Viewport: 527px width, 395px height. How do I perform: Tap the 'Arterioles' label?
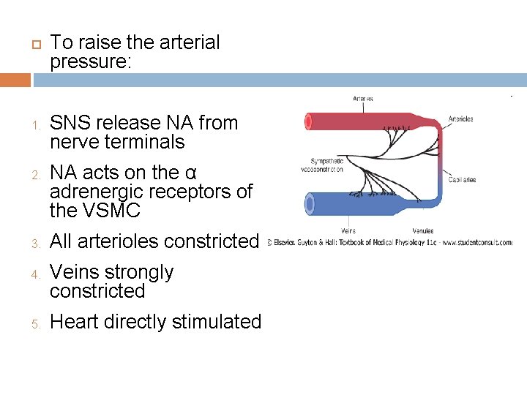coord(461,119)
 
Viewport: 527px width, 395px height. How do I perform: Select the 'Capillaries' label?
coord(462,179)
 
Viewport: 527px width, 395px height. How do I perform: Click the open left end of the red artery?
coord(309,121)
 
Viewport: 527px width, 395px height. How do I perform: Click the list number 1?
coord(34,124)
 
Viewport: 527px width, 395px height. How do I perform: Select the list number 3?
coord(34,243)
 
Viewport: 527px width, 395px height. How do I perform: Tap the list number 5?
coord(34,323)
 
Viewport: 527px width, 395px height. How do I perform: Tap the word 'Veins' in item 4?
coord(74,272)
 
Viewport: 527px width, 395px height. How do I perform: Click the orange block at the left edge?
coord(15,80)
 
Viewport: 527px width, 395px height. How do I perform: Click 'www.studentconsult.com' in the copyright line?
coord(476,243)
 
